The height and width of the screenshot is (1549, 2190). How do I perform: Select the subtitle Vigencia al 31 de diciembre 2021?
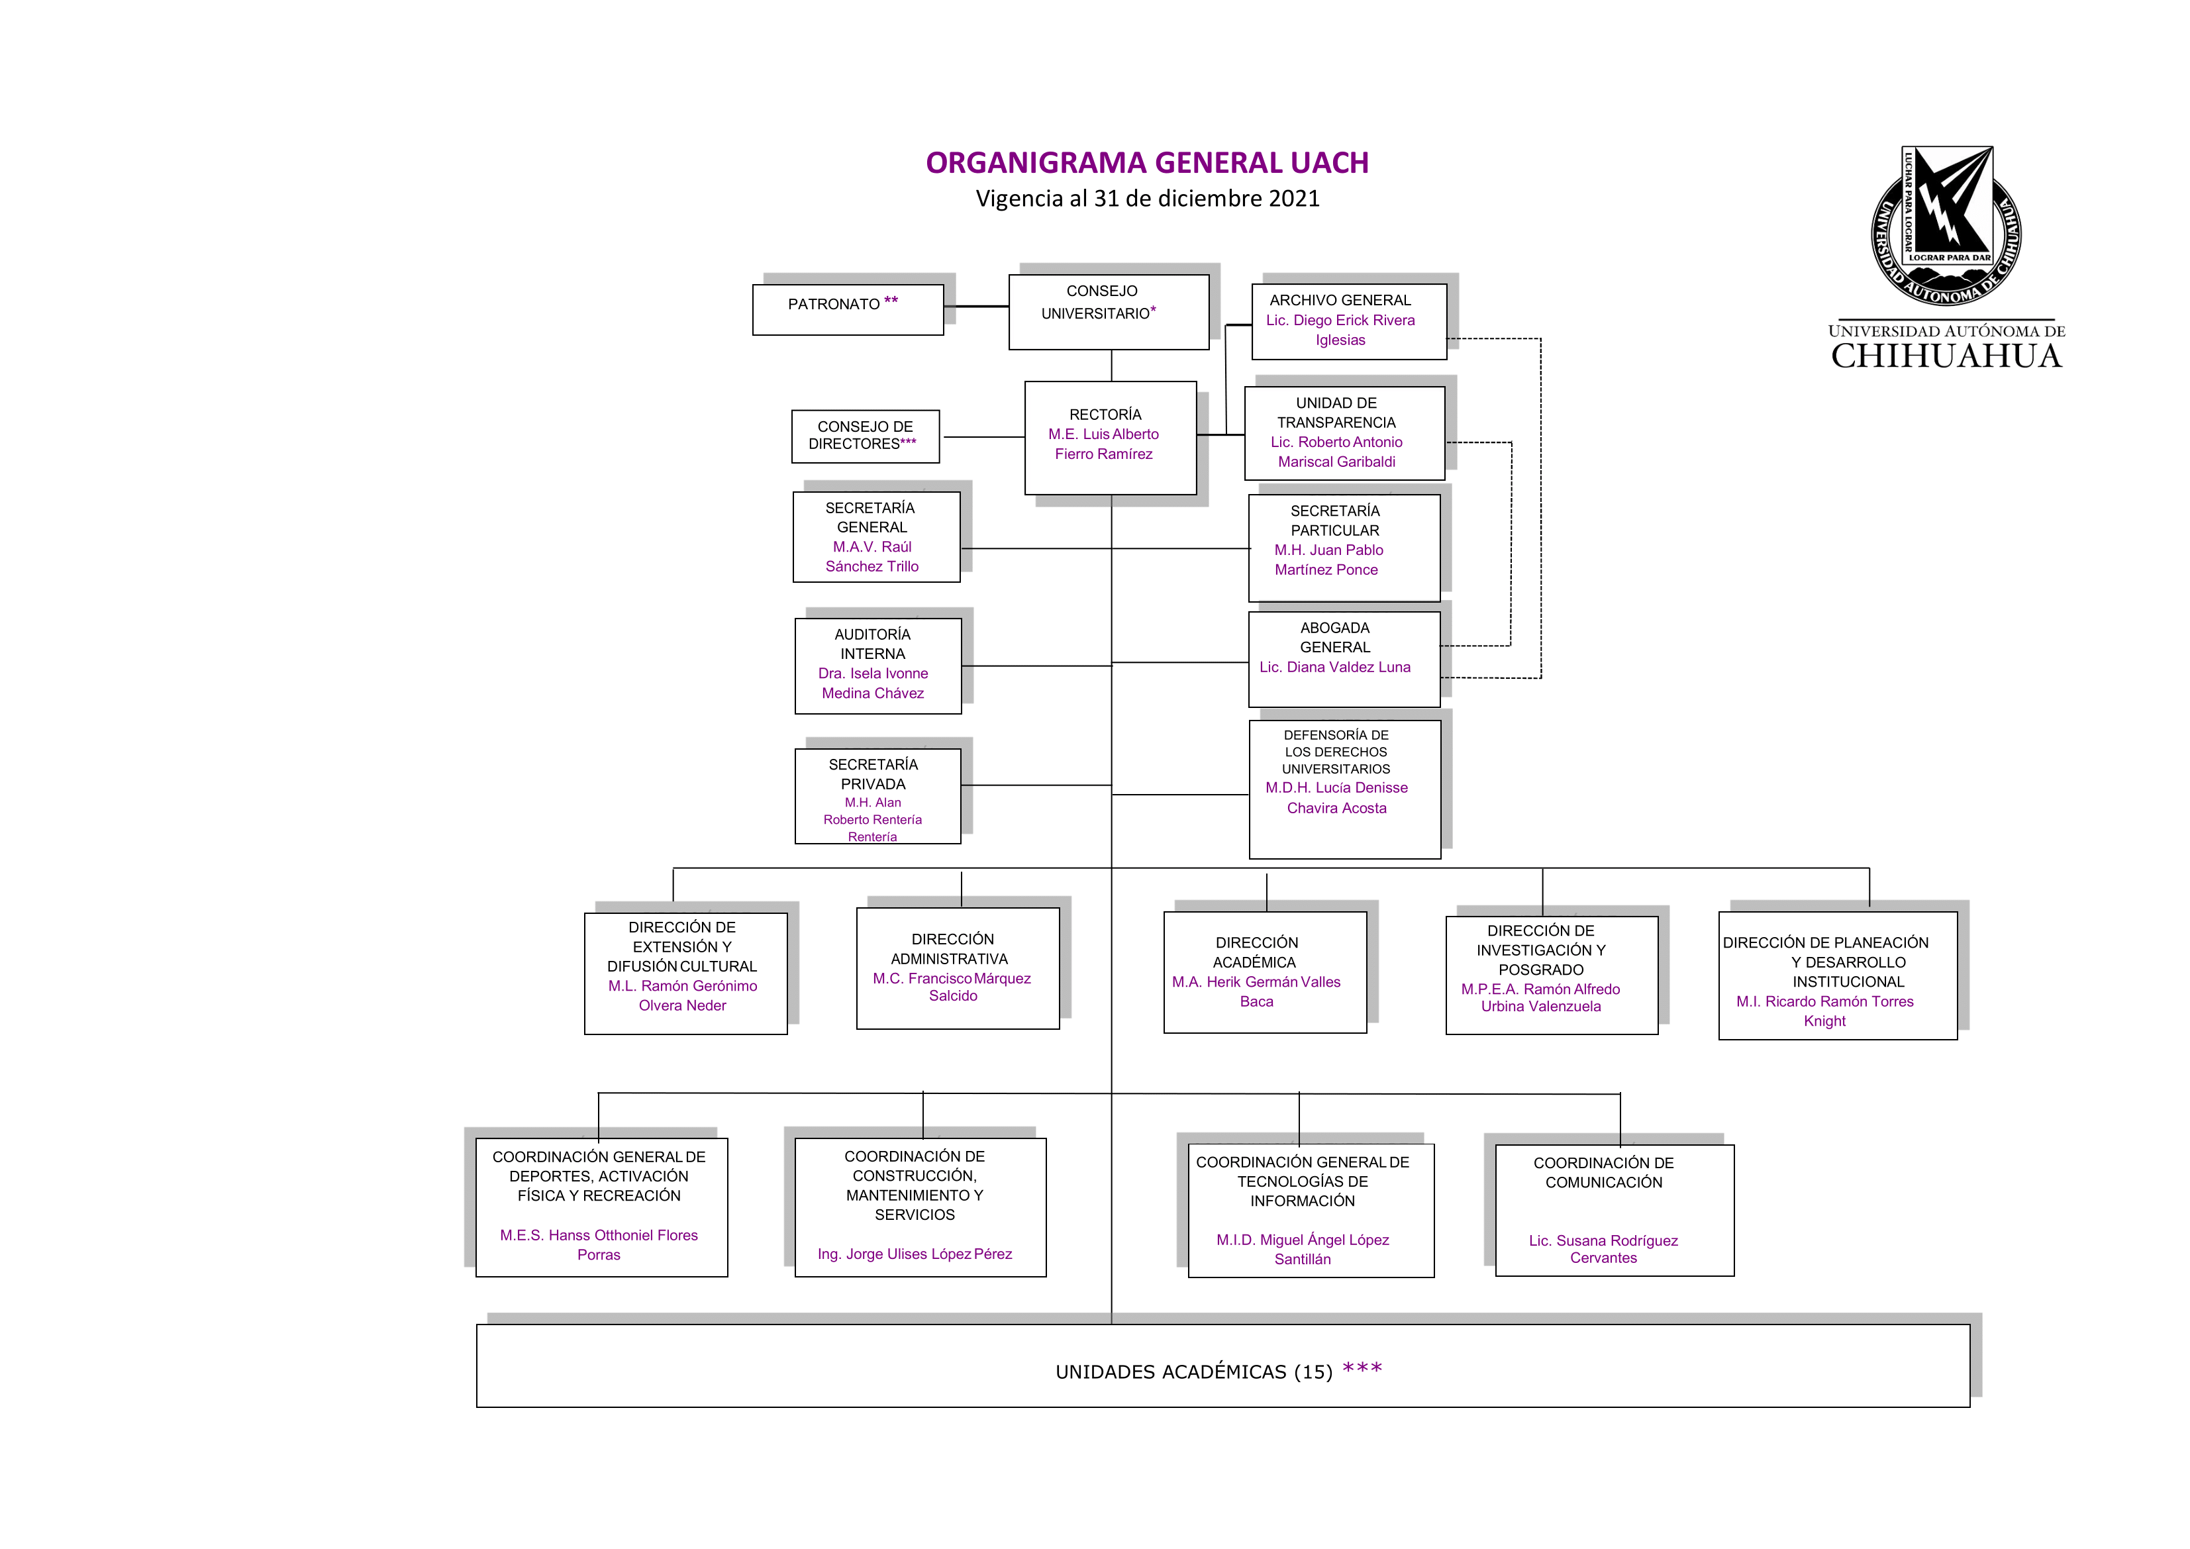point(1148,199)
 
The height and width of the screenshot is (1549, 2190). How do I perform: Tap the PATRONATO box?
point(848,309)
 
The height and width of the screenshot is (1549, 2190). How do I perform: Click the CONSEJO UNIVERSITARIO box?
point(1109,312)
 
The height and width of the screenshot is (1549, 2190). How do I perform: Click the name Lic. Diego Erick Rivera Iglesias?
point(1340,330)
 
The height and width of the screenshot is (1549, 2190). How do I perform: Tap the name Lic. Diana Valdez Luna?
point(1334,667)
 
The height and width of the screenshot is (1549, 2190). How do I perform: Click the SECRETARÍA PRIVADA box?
point(877,795)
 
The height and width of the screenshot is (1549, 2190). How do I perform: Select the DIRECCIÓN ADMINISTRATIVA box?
point(958,968)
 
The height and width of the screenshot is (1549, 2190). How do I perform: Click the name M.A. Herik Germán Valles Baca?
point(1256,991)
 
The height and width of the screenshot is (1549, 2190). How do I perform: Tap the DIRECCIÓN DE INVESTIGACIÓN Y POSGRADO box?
point(1552,975)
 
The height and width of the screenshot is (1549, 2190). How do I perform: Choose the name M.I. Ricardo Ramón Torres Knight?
point(1824,1011)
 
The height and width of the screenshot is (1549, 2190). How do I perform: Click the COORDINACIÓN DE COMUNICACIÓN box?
point(1615,1211)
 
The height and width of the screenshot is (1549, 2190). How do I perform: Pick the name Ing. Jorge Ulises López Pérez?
point(915,1254)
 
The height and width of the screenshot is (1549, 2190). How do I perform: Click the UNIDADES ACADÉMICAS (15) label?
point(1193,1372)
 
